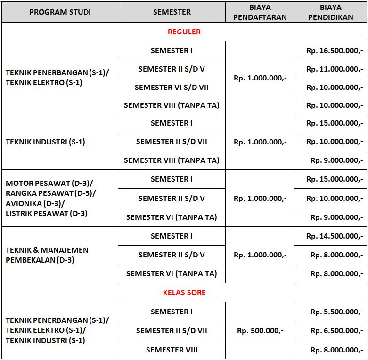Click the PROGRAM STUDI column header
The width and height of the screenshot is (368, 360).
(60, 12)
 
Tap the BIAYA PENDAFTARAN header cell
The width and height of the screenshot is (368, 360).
(260, 12)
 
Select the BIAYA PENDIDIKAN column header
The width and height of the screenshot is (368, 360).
(330, 12)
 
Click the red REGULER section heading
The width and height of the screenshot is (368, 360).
(184, 32)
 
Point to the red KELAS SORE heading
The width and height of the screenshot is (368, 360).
(184, 292)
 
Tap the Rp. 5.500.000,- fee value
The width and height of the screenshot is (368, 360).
(336, 312)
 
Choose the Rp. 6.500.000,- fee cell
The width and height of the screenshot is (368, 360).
(336, 330)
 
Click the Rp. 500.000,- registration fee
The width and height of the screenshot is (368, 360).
(260, 330)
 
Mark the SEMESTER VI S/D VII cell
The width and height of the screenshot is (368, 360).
(172, 87)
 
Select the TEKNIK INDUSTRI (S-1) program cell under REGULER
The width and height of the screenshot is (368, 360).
(45, 142)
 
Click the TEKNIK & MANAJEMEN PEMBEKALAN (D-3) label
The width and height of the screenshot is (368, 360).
(47, 255)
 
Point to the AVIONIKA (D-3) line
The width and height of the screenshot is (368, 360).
(35, 203)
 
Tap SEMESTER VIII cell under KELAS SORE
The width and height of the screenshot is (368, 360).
(172, 350)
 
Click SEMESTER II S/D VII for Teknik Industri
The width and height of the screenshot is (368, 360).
(172, 142)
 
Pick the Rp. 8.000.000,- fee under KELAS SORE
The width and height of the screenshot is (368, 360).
(336, 350)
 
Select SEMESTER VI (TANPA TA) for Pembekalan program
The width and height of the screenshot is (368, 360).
(172, 273)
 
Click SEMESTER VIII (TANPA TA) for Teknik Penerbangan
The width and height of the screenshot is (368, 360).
(172, 105)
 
